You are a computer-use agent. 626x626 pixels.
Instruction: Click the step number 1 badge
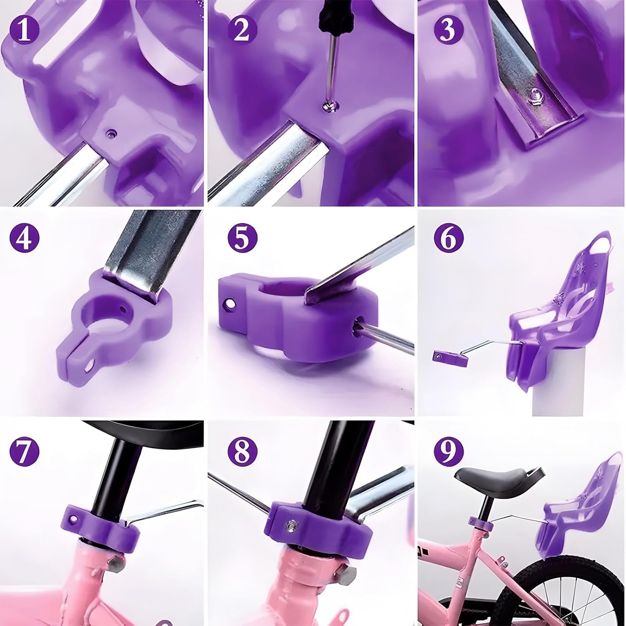(25, 30)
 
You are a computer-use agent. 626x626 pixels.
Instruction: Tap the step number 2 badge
(242, 30)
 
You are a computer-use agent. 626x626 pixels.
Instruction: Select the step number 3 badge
(449, 30)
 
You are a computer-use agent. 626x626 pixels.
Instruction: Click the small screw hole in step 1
(110, 134)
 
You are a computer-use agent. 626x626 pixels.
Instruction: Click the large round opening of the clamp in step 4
(102, 315)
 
